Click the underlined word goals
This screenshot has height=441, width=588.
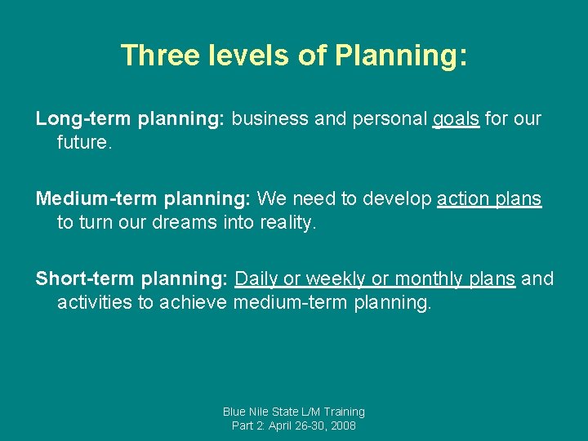tap(456, 119)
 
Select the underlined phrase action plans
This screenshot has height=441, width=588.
tap(489, 199)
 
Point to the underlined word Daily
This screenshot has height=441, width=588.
tap(256, 279)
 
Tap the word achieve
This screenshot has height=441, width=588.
tap(194, 302)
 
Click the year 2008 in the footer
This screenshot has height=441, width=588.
tap(342, 425)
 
